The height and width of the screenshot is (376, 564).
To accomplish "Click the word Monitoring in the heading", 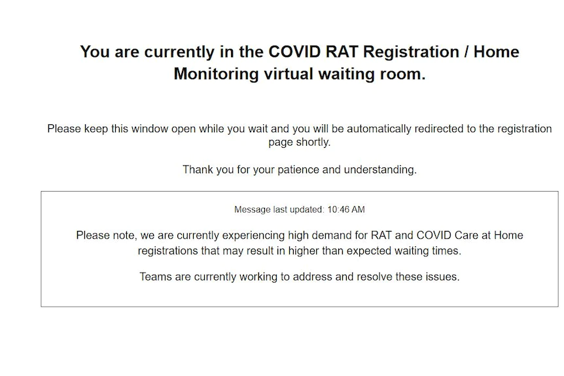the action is tap(216, 75).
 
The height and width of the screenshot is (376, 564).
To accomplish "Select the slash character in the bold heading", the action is tap(466, 52).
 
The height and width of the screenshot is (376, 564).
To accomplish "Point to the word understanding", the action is tap(380, 170).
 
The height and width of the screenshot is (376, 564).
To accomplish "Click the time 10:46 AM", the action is tap(346, 209).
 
